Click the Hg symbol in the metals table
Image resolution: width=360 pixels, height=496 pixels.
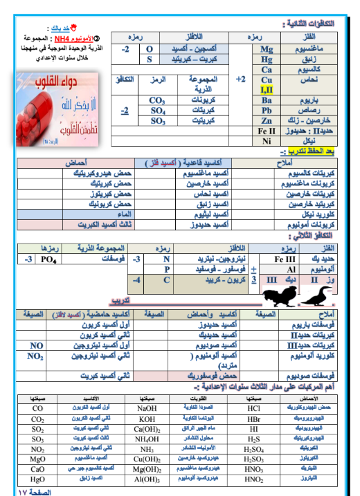(267, 59)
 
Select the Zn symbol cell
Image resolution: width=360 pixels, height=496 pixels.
(267, 120)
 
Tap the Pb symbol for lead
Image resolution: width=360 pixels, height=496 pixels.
(267, 110)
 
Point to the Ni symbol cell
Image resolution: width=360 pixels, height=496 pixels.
(267, 141)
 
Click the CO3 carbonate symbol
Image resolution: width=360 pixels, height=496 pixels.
(157, 100)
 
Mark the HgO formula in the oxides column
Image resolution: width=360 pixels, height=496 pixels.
(38, 479)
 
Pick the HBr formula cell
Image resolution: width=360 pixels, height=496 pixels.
(254, 419)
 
